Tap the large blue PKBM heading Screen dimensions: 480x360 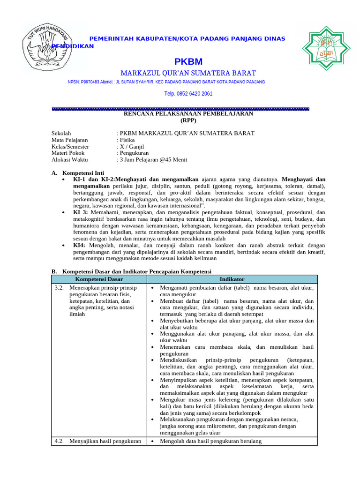pos(188,62)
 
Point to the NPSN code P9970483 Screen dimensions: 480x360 pos(92,82)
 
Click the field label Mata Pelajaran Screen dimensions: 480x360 pos(69,140)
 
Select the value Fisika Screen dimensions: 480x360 pos(127,140)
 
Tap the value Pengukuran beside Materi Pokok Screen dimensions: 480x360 pos(134,153)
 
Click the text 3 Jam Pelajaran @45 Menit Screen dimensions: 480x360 pos(153,160)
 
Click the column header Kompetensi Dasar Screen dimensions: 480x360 pos(99,279)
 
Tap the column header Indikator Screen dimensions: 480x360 pos(232,279)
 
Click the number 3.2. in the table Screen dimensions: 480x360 pos(59,288)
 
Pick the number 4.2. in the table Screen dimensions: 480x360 pos(59,442)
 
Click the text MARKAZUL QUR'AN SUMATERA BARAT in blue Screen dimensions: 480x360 pos(188,73)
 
